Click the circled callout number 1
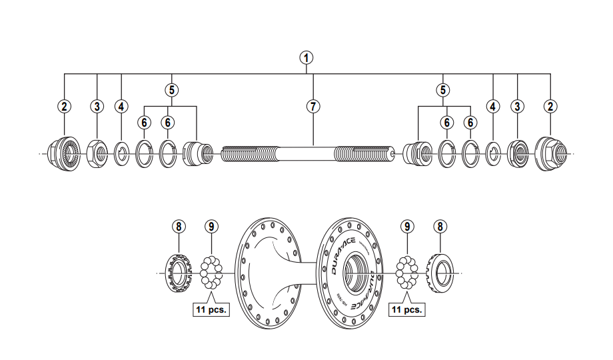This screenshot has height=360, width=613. click(x=306, y=57)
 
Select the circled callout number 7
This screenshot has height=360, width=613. click(x=313, y=106)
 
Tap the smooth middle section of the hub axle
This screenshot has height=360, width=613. click(x=306, y=154)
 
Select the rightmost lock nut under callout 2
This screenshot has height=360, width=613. click(x=551, y=153)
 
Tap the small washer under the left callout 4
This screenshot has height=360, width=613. click(x=122, y=154)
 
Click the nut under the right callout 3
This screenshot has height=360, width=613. click(x=518, y=154)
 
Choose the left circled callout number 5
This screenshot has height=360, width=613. click(x=172, y=89)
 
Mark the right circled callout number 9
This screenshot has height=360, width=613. click(x=406, y=226)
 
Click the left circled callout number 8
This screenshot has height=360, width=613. click(x=178, y=226)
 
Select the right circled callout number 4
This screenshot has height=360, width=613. click(x=493, y=106)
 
